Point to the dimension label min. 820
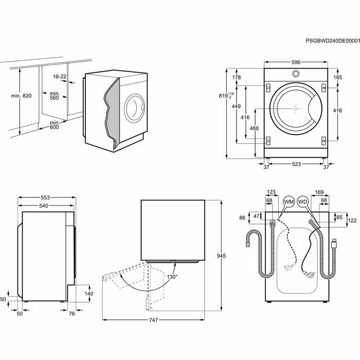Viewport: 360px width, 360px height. pyautogui.click(x=21, y=96)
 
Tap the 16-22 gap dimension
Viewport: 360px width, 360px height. pyautogui.click(x=60, y=77)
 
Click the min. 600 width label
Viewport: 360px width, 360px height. pyautogui.click(x=55, y=125)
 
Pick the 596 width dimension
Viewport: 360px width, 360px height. pyautogui.click(x=296, y=62)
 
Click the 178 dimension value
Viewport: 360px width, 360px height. pyautogui.click(x=237, y=78)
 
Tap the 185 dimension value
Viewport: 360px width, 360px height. pyautogui.click(x=338, y=78)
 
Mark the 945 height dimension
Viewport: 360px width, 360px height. pyautogui.click(x=222, y=256)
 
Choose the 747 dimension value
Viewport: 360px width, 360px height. pyautogui.click(x=154, y=320)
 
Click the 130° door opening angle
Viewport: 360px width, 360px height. pyautogui.click(x=172, y=277)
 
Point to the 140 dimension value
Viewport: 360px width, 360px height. pyautogui.click(x=88, y=294)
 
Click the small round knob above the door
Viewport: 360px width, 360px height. pyautogui.click(x=296, y=74)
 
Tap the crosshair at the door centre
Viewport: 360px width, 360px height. pyautogui.click(x=296, y=109)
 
